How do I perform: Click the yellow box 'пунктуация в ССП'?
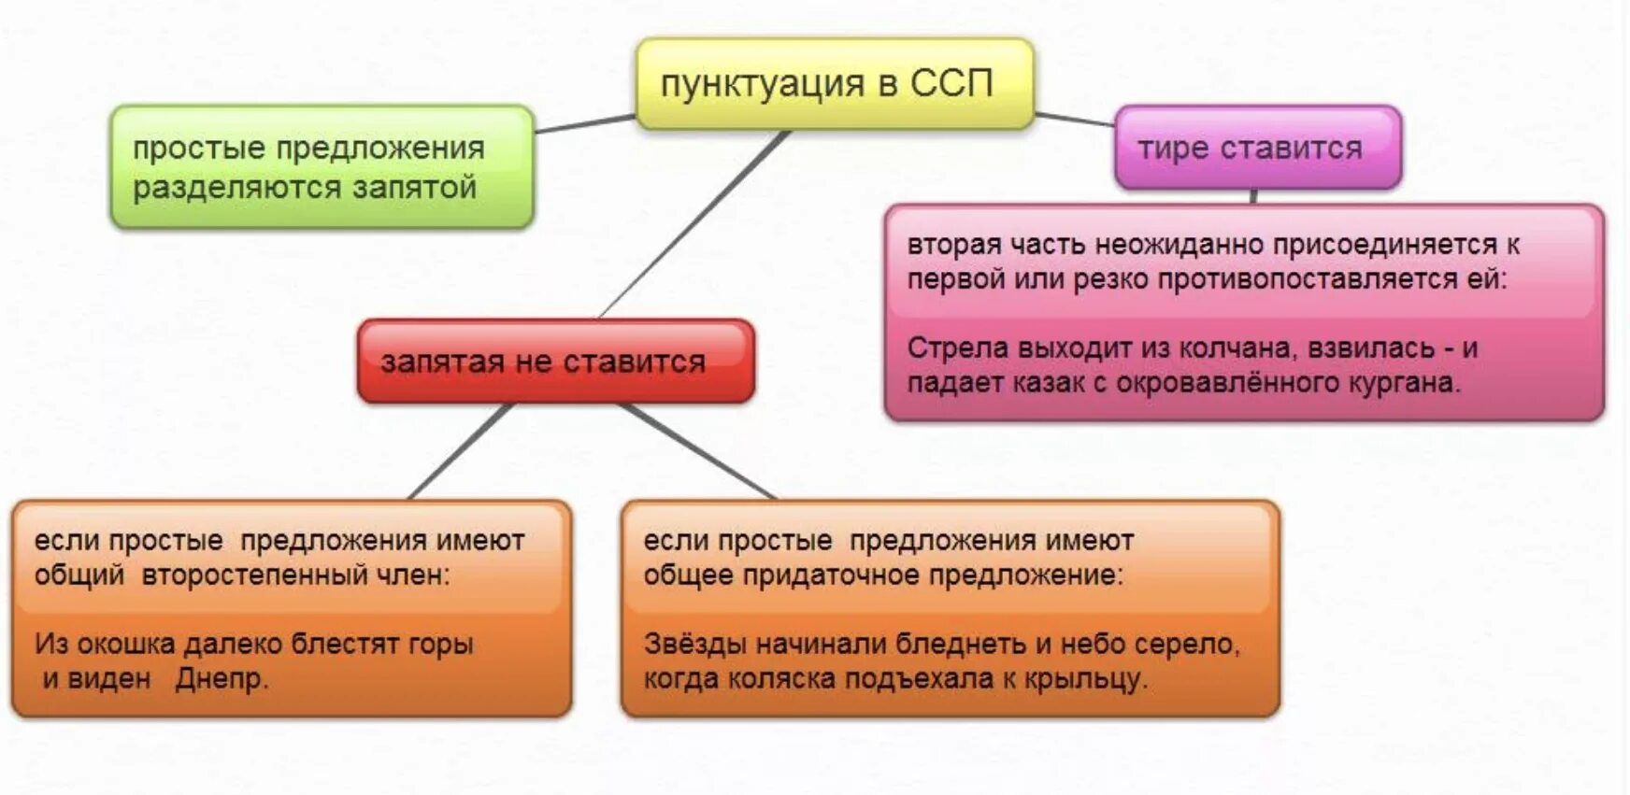[835, 84]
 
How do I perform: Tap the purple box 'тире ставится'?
[1257, 148]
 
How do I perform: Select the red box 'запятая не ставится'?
[555, 362]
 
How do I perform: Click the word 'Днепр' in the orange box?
[219, 678]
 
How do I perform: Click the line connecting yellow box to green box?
[584, 123]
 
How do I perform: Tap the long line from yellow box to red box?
[693, 224]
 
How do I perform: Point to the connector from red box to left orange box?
[461, 451]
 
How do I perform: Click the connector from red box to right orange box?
[696, 451]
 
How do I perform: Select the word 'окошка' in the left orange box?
[126, 644]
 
